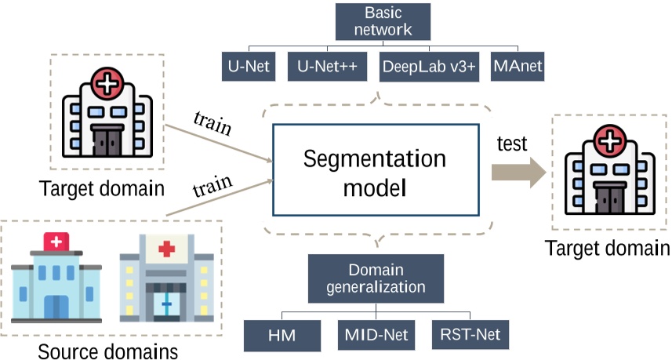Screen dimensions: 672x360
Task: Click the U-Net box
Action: (x=249, y=67)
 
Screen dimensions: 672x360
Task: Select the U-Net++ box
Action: (x=328, y=67)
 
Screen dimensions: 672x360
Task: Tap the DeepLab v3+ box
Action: (x=429, y=67)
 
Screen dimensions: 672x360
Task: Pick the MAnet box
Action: (x=518, y=67)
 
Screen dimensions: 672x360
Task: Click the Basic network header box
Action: (x=383, y=22)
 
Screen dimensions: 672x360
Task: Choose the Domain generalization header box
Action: (x=376, y=278)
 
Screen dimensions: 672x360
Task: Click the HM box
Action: (x=282, y=336)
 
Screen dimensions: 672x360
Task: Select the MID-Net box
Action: (x=376, y=335)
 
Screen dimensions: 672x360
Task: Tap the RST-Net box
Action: (x=470, y=334)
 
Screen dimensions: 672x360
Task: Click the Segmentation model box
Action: (x=376, y=170)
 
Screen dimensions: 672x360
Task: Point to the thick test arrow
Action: (x=518, y=173)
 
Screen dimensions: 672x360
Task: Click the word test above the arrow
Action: (x=512, y=144)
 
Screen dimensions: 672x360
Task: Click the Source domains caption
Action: (x=108, y=351)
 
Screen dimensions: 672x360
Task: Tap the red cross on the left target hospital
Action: (x=107, y=83)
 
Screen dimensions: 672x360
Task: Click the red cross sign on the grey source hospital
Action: (x=166, y=249)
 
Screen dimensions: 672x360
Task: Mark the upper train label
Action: (x=212, y=123)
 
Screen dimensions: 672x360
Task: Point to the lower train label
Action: (x=212, y=186)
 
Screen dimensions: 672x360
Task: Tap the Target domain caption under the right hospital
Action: (x=607, y=248)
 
